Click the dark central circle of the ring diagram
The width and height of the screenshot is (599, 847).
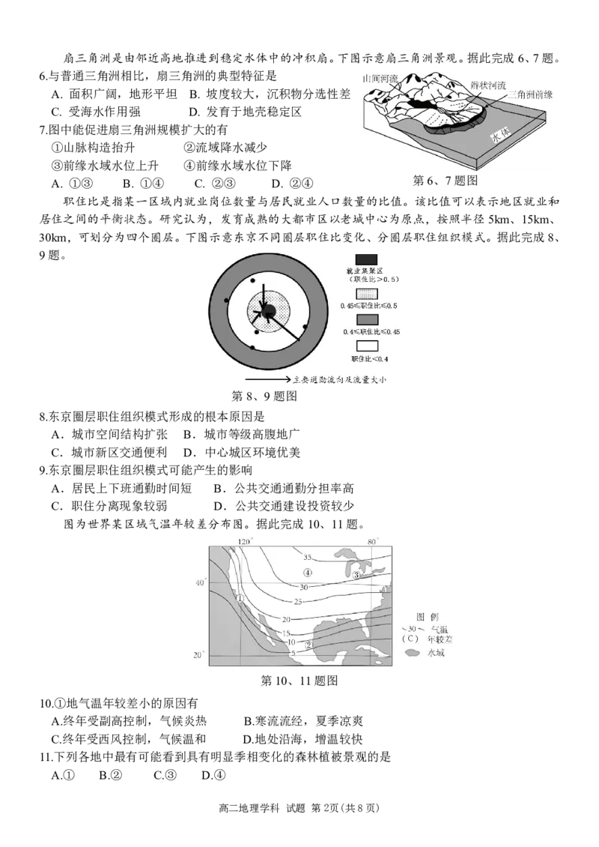pos(270,310)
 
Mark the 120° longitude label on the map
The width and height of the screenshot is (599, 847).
pos(245,541)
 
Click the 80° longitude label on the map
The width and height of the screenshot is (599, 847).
pos(374,541)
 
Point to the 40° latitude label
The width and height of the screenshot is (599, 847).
pos(199,582)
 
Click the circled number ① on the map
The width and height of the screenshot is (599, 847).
pos(240,598)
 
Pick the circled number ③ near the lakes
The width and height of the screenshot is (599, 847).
pos(357,574)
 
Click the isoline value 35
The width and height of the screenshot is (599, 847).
pos(307,557)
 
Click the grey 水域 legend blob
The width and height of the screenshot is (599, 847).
pos(411,653)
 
